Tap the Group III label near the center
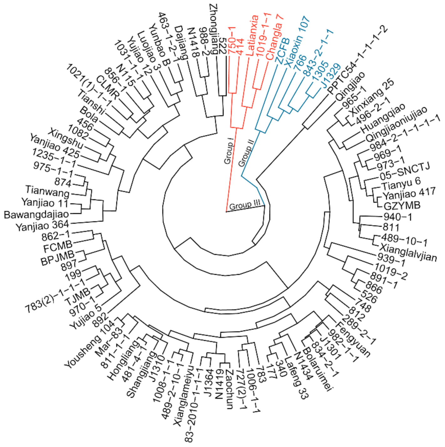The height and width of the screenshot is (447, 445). pyautogui.click(x=245, y=205)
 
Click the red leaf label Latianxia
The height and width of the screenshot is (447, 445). pyautogui.click(x=253, y=35)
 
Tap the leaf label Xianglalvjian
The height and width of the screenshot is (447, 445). pyautogui.click(x=408, y=252)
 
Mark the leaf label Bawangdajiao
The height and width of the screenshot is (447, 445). pyautogui.click(x=36, y=215)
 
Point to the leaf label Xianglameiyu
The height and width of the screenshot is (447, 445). pyautogui.click(x=184, y=392)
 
